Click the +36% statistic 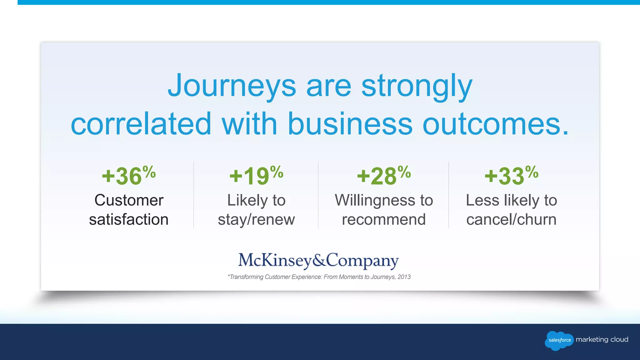[128, 176]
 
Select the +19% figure [256, 176]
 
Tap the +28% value [383, 176]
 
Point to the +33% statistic [511, 176]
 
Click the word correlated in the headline [141, 124]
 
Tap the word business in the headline [350, 124]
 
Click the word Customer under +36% [129, 200]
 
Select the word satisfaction [129, 219]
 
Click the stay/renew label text [256, 220]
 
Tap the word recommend [384, 219]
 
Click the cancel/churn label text [511, 220]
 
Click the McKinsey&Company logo [318, 260]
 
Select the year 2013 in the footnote [404, 277]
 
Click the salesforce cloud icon [559, 340]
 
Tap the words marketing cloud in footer [602, 340]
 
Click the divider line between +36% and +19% [193, 195]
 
